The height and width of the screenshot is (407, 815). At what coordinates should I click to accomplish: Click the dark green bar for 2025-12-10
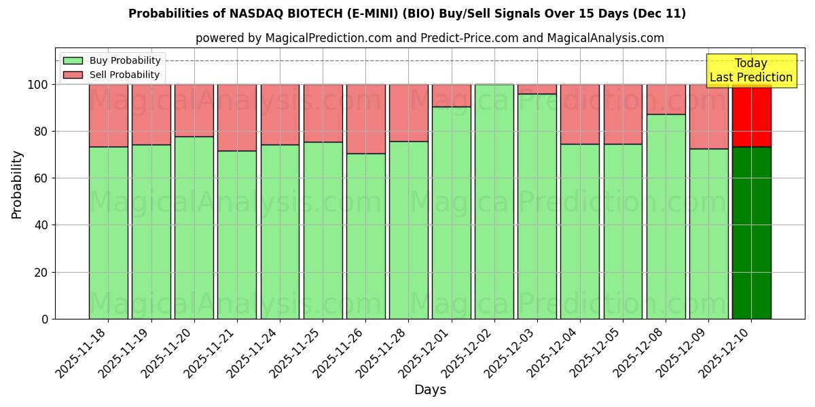click(751, 233)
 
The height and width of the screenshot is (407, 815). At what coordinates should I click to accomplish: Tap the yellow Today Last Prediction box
click(751, 71)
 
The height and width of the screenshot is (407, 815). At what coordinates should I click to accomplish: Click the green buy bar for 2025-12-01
click(452, 212)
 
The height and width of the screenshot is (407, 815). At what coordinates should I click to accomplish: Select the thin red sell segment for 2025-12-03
click(537, 89)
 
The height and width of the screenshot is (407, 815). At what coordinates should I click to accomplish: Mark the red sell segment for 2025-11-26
click(365, 119)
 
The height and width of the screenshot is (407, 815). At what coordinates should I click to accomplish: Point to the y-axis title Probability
click(17, 184)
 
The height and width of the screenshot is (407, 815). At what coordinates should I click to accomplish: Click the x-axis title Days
click(430, 390)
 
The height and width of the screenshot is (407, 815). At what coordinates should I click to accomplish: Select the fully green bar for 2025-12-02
click(494, 201)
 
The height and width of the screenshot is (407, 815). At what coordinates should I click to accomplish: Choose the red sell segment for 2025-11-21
click(237, 117)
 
